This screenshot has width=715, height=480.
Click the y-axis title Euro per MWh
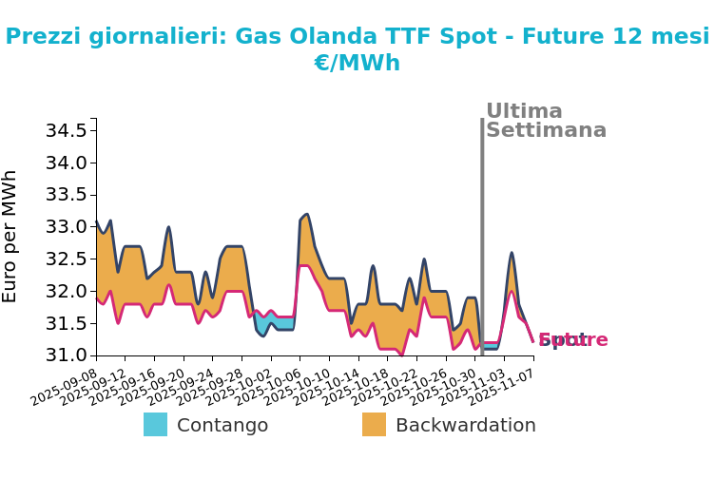click(x=10, y=236)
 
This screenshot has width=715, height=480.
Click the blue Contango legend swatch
click(x=155, y=425)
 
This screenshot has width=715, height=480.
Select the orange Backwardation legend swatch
click(x=374, y=425)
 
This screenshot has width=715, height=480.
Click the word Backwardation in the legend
click(x=465, y=426)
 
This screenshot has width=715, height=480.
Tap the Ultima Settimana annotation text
click(x=545, y=121)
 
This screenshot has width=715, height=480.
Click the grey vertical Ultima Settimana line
click(x=482, y=238)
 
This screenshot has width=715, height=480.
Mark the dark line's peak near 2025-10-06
click(x=306, y=214)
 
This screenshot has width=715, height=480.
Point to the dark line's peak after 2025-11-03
click(x=512, y=253)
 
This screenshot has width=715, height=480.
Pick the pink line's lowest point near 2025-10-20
click(x=401, y=355)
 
